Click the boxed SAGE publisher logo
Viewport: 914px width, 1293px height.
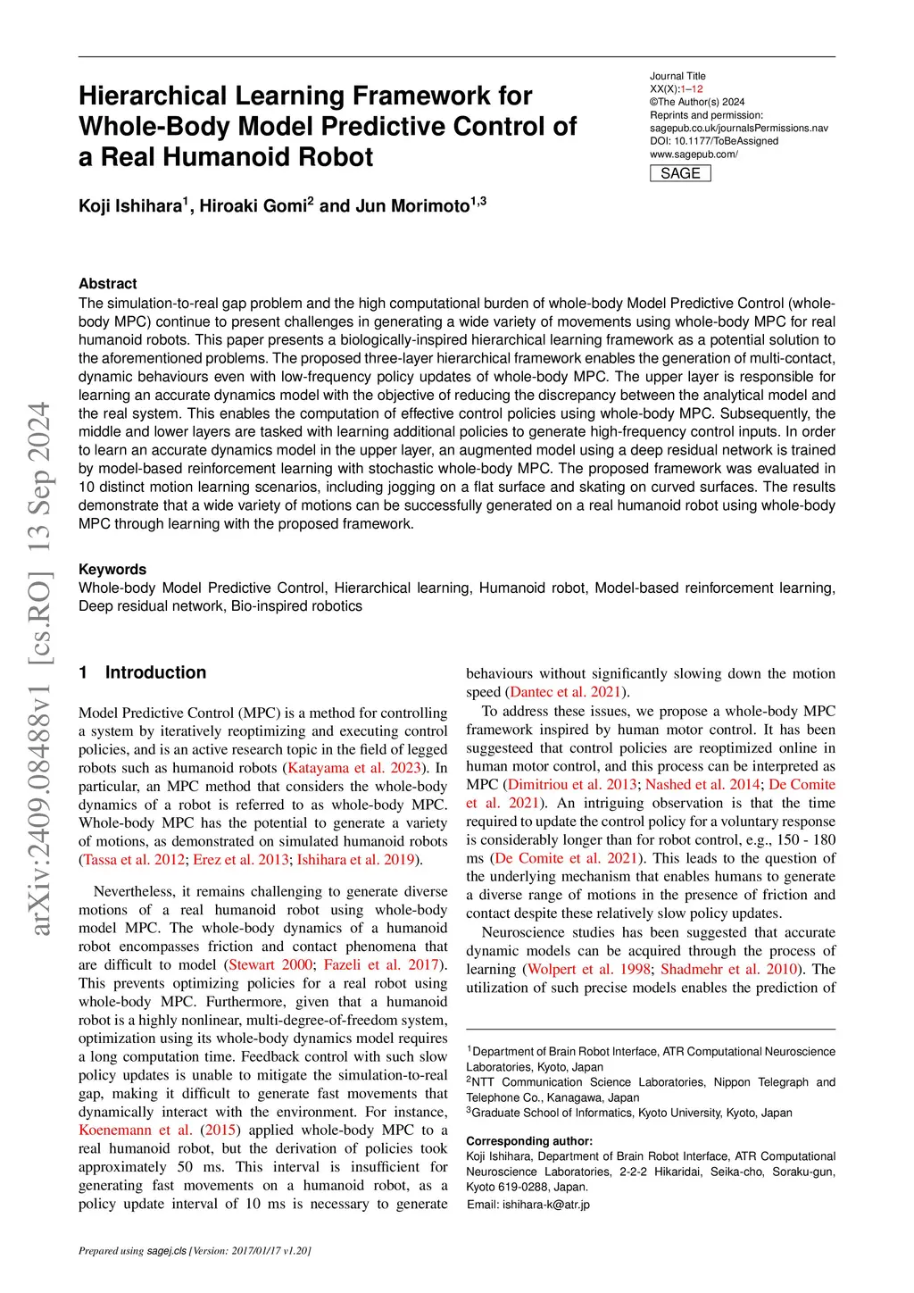coord(680,173)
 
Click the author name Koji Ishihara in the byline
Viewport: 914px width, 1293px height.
coord(130,206)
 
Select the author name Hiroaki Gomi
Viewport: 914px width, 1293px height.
coord(253,206)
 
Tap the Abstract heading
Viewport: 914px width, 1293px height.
coord(108,284)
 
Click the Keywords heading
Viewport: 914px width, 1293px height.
coord(112,570)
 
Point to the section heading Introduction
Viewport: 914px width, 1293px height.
coord(155,672)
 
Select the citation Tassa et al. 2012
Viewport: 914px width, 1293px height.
coord(134,860)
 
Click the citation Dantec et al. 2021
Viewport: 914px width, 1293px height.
coord(566,692)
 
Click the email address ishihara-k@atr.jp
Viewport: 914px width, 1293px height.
coord(545,1205)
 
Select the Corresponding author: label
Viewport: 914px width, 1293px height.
coord(529,1141)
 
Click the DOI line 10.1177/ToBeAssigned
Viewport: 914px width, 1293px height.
coord(714,141)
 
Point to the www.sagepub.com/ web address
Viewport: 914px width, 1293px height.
coord(694,154)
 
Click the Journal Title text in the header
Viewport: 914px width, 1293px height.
coord(677,77)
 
